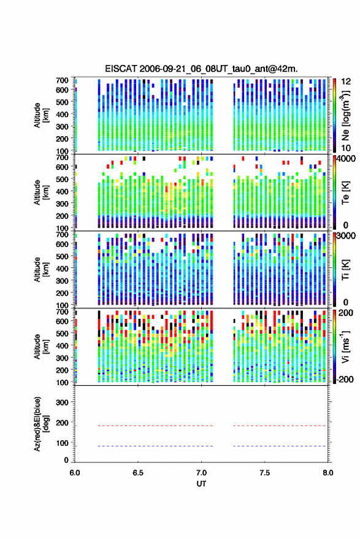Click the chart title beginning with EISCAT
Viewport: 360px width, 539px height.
tap(201, 69)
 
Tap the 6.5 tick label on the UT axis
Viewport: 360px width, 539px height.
tap(138, 473)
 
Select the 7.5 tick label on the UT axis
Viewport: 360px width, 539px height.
tap(264, 473)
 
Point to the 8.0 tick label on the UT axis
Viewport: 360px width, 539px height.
tap(327, 473)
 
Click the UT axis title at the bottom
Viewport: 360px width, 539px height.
tap(201, 484)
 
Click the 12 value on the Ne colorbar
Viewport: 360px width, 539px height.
tap(346, 82)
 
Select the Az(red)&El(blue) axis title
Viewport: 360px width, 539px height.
tap(40, 424)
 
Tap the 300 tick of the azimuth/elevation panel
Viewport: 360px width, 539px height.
tap(62, 402)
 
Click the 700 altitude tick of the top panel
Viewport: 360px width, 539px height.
tap(62, 80)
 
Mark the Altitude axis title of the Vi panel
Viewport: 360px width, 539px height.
tap(40, 346)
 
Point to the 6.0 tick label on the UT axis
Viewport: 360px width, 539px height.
tap(75, 473)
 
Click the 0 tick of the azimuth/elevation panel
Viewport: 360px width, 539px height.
tap(66, 460)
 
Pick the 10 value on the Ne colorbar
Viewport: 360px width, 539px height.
tap(346, 148)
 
